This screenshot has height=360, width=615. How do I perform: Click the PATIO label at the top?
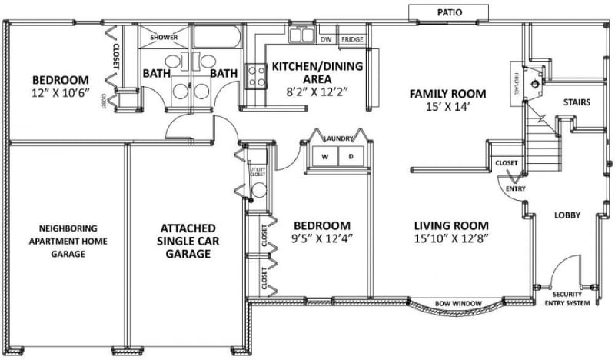pos(449,12)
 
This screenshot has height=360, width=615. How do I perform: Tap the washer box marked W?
pos(324,156)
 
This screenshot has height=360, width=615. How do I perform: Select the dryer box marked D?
pos(351,156)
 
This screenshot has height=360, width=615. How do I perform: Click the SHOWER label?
pos(164,37)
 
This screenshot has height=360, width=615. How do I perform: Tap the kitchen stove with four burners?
pos(255,75)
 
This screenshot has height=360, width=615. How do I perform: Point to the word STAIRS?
pos(577,102)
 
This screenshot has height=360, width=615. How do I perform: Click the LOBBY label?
pos(567,215)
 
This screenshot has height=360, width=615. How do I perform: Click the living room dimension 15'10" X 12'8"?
pos(452,238)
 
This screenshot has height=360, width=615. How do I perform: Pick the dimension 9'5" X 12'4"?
pos(323,238)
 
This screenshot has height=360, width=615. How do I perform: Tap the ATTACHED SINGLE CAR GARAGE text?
pos(188,241)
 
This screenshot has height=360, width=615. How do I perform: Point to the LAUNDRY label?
pos(338,138)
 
